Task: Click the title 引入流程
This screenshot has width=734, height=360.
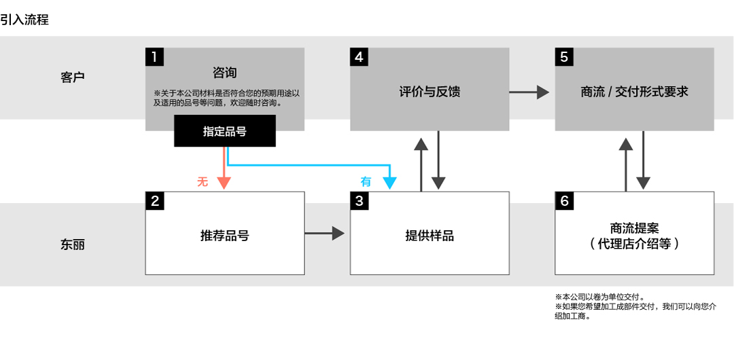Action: coord(24,20)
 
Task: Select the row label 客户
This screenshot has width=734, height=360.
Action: coord(73,77)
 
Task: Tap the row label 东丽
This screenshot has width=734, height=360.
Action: coord(73,245)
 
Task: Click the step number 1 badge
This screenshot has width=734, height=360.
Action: coord(154,56)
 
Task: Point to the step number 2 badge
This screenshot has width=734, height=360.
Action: coord(154,201)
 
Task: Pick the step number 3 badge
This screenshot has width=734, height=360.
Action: coord(359,201)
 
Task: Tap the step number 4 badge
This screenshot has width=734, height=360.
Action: coord(359,56)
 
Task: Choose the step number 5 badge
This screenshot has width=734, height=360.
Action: coord(564,56)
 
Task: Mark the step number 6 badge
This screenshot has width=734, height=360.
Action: coord(564,201)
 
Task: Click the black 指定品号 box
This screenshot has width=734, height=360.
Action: coord(225,131)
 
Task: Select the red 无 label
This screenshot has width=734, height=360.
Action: coord(203,181)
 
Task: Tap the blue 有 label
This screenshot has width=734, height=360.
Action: coord(366,181)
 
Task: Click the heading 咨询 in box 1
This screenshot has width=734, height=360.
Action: coord(225,73)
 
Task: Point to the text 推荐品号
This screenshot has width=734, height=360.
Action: coord(225,236)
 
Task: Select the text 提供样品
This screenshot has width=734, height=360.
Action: coord(430,236)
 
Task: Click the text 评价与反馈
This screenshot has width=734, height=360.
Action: coord(430,91)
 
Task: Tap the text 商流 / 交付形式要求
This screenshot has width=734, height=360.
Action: coord(634,91)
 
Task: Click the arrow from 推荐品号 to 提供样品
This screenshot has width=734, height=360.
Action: coord(324,233)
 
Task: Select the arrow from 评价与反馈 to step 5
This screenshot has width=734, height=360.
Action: coord(529,92)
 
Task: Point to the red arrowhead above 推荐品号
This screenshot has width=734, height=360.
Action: coord(225,183)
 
